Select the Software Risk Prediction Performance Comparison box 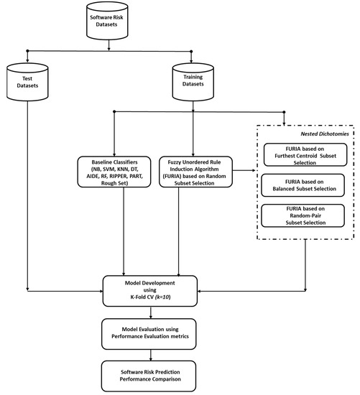pyautogui.click(x=149, y=374)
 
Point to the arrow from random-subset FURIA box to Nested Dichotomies pyautogui.click(x=246, y=172)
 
